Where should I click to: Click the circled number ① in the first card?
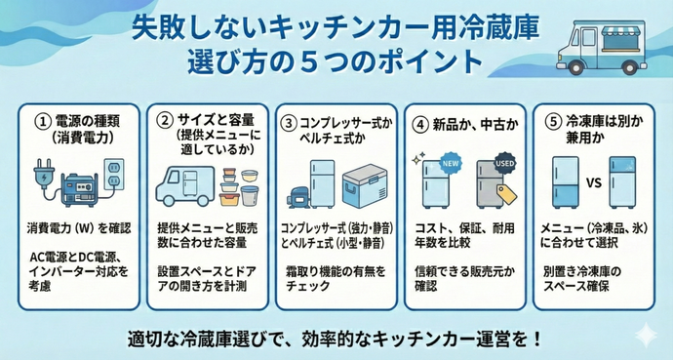(x=40, y=122)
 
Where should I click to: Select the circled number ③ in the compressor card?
(x=289, y=123)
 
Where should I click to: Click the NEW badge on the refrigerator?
(x=452, y=164)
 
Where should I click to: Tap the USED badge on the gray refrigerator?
(x=504, y=161)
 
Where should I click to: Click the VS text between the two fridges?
(x=590, y=181)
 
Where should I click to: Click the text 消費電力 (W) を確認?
(x=79, y=227)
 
